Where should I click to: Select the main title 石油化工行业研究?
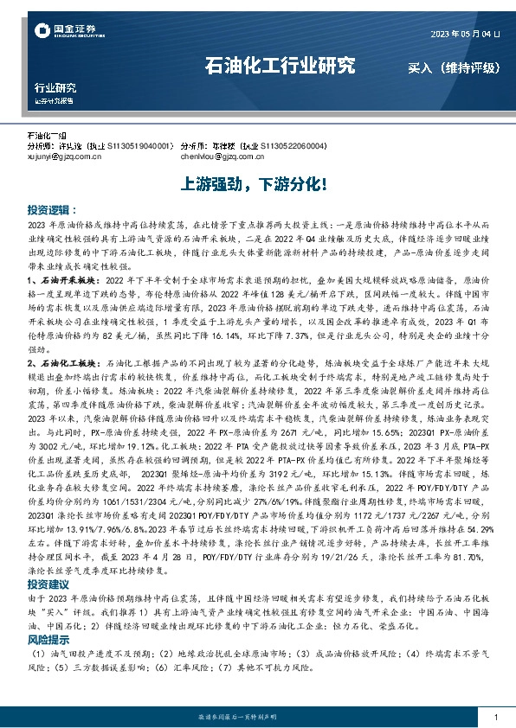pos(280,66)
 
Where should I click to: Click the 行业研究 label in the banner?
pos(55,88)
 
